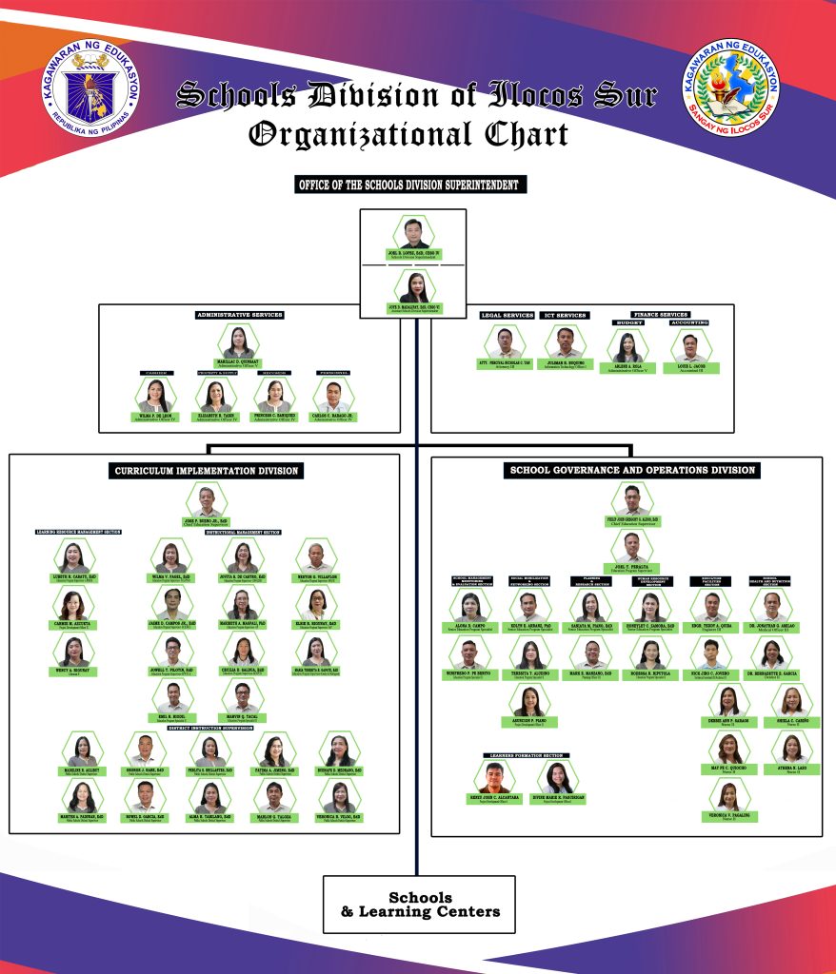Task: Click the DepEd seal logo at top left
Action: pos(90,92)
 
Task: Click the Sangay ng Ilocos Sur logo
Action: pos(732,92)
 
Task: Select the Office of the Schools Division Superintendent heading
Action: pos(409,185)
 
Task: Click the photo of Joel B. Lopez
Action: pos(413,233)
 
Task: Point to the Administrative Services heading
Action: pos(240,315)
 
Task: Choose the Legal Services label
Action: pos(507,315)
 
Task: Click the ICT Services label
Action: pos(566,315)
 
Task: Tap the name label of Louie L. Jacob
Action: pos(690,365)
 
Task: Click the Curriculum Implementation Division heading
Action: pos(207,471)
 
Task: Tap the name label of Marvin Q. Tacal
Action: pos(243,717)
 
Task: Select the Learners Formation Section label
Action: pos(522,755)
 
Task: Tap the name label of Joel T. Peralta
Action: pos(632,564)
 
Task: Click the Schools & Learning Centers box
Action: pos(419,905)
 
